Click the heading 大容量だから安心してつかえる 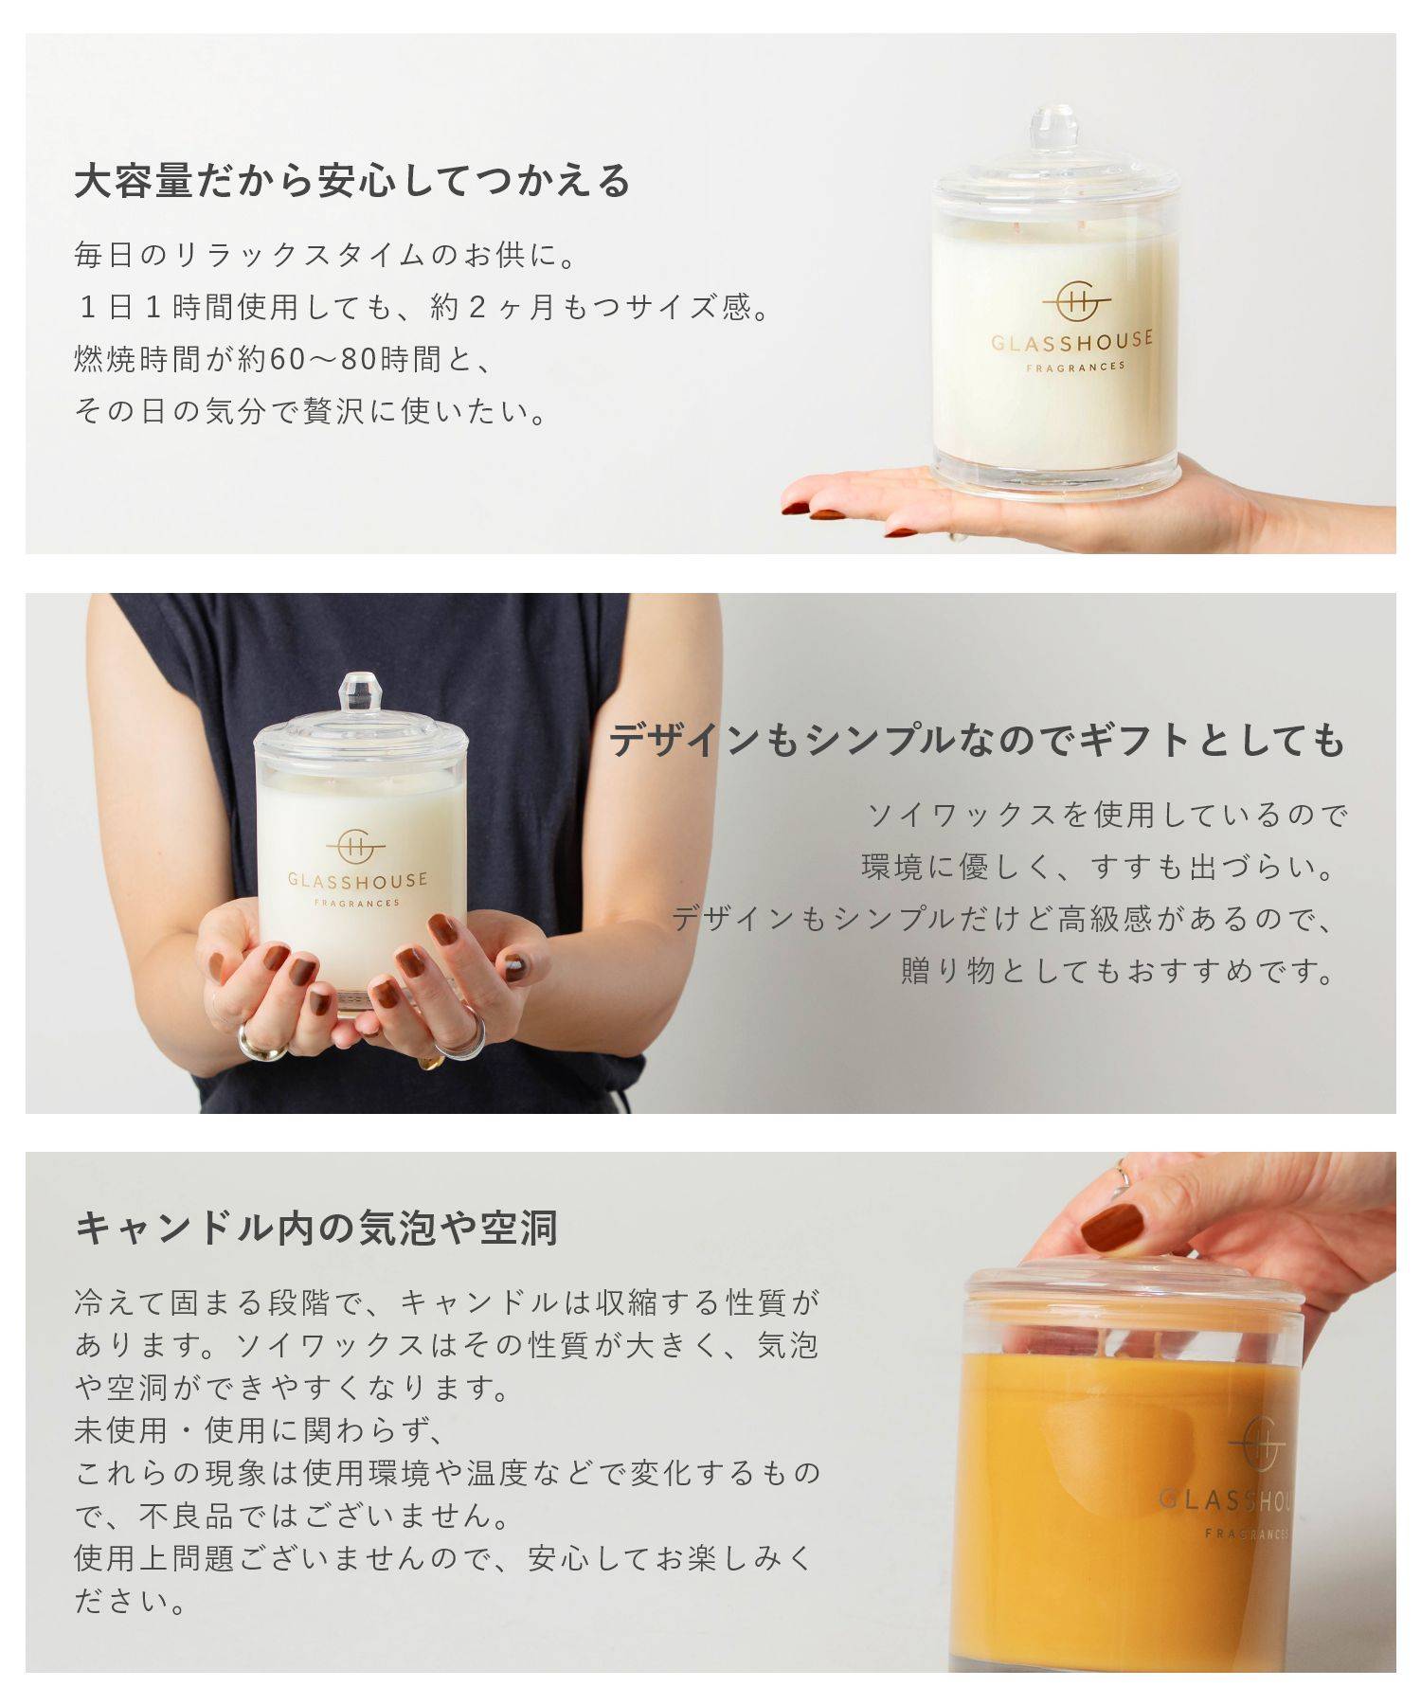pyautogui.click(x=351, y=180)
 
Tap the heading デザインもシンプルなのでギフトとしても pyautogui.click(x=977, y=740)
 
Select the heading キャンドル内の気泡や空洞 pyautogui.click(x=316, y=1228)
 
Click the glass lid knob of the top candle pyautogui.click(x=1054, y=129)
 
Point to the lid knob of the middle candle pyautogui.click(x=359, y=691)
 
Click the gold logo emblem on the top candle pyautogui.click(x=1076, y=302)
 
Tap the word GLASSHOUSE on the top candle pyautogui.click(x=1071, y=339)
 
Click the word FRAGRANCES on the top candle pyautogui.click(x=1075, y=366)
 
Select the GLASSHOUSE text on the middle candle pyautogui.click(x=357, y=880)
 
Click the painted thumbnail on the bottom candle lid pyautogui.click(x=1112, y=1229)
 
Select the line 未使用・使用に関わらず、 pyautogui.click(x=258, y=1430)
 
